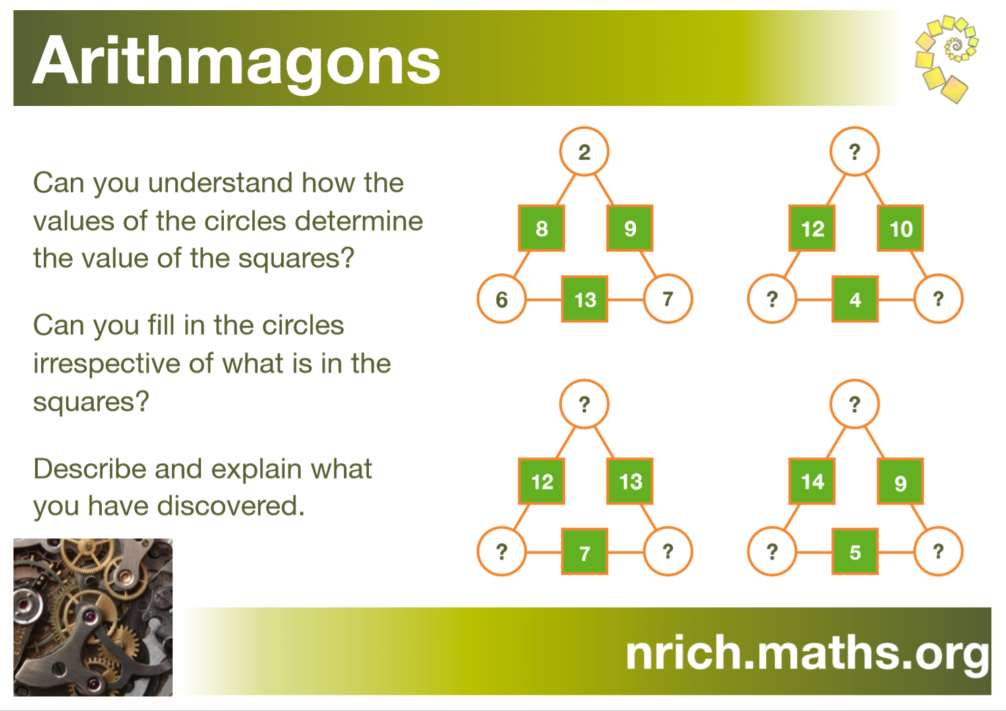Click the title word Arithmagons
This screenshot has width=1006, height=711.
tap(236, 61)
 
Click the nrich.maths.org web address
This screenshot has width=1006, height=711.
tap(806, 652)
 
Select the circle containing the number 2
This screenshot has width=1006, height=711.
tap(584, 152)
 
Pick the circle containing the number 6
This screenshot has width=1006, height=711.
tap(501, 299)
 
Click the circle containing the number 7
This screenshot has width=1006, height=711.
tap(668, 299)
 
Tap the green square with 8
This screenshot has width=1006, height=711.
tap(541, 229)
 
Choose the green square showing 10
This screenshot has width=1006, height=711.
tap(900, 229)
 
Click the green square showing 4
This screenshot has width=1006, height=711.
tap(855, 299)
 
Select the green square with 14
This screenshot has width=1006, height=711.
tap(812, 482)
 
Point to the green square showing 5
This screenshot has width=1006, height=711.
tap(855, 552)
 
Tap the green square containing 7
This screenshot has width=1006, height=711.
tap(585, 552)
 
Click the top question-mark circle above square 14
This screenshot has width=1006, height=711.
tap(854, 404)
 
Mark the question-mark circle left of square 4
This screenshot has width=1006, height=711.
tap(772, 299)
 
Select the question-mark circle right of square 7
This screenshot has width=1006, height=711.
tap(668, 552)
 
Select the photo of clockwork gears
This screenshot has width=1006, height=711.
tap(93, 617)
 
